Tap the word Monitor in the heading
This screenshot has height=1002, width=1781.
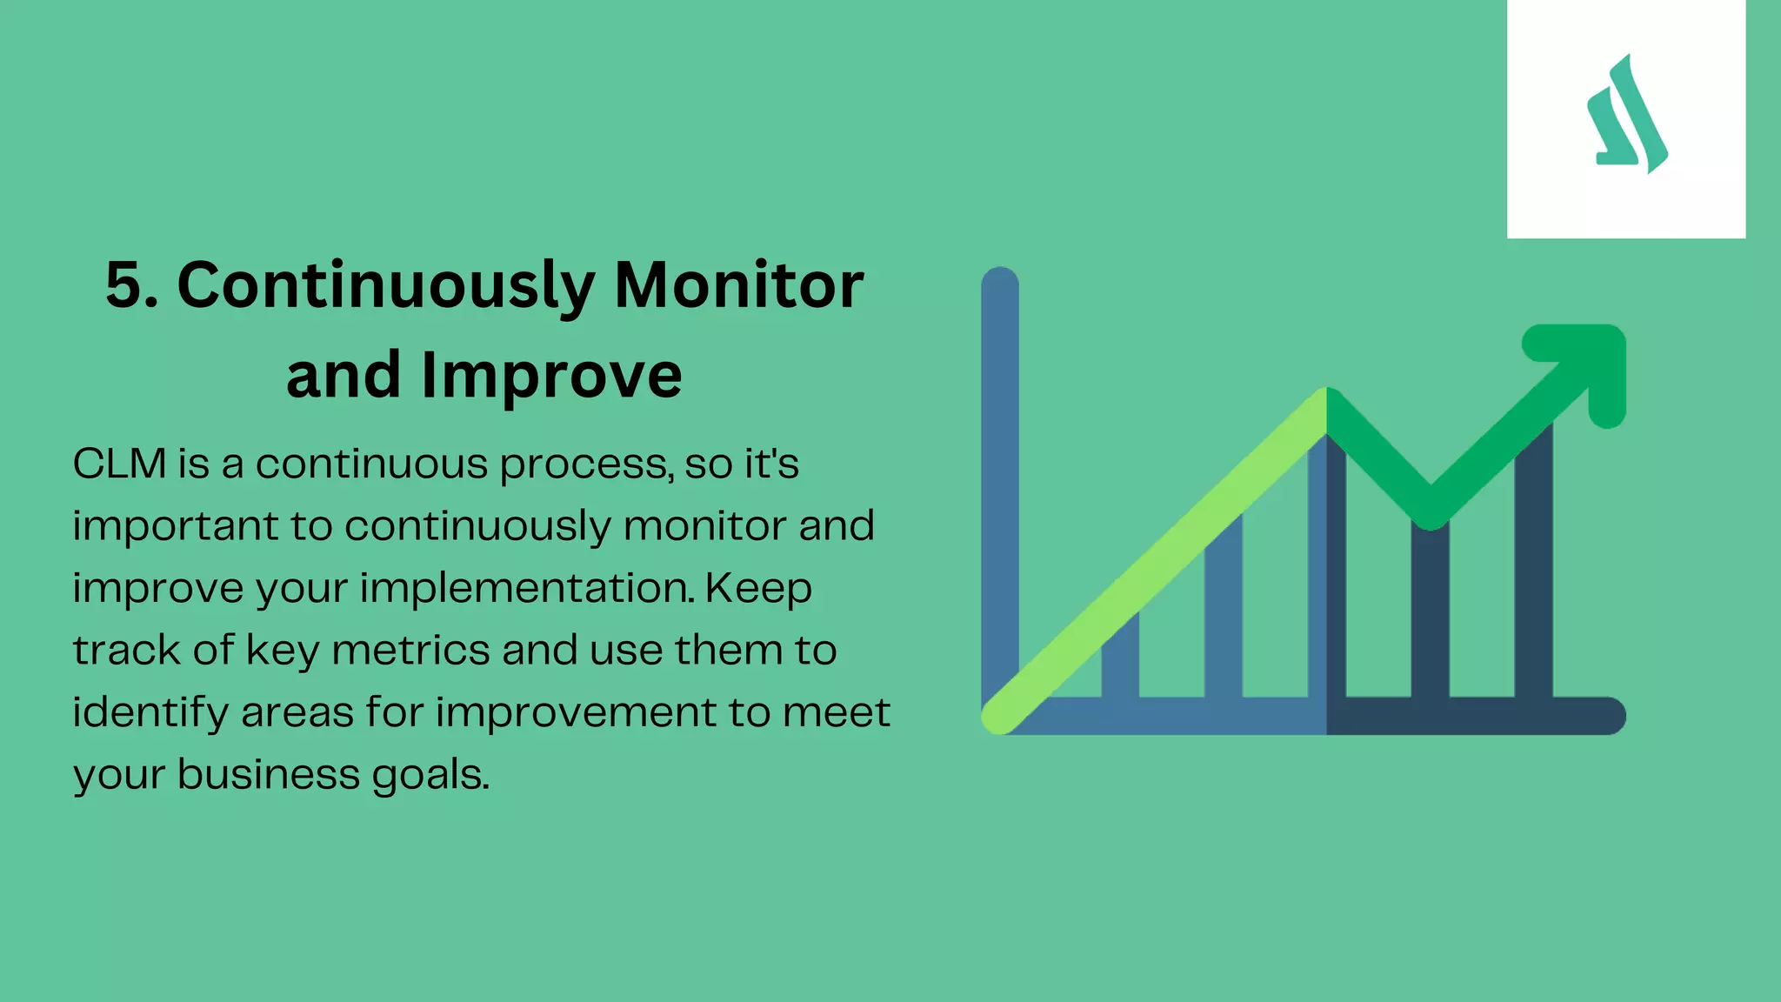(x=738, y=285)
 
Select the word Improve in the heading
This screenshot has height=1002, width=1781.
(x=551, y=376)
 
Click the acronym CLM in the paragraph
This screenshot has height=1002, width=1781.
(x=119, y=464)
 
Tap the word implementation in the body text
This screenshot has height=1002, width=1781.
(x=527, y=589)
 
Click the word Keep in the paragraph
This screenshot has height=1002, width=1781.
(x=758, y=589)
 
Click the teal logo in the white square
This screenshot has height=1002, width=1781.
(x=1626, y=117)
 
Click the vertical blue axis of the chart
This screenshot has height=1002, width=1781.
(x=1000, y=478)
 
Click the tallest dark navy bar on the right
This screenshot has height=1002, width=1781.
(x=1534, y=565)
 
